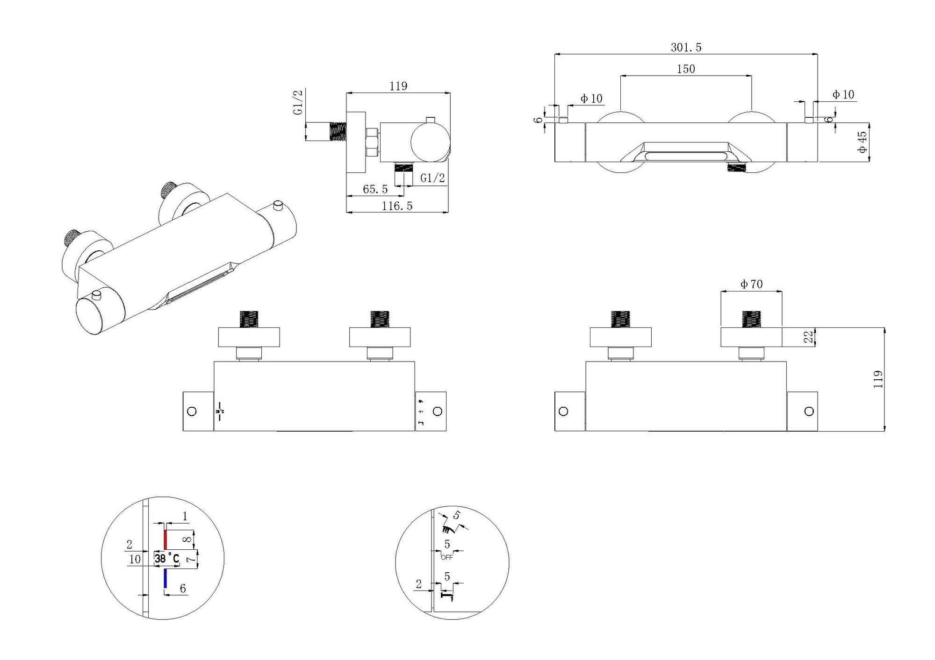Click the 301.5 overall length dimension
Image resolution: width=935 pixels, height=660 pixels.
pyautogui.click(x=686, y=47)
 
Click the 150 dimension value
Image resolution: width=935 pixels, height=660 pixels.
pyautogui.click(x=686, y=69)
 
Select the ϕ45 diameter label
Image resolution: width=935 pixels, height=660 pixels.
pyautogui.click(x=862, y=142)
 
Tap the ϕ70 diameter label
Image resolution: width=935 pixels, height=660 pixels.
pyautogui.click(x=751, y=284)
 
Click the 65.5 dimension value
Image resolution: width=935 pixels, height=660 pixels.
pyautogui.click(x=375, y=189)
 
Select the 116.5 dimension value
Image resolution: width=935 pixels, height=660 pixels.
pyautogui.click(x=397, y=206)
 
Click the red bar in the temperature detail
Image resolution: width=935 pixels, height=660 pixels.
pyautogui.click(x=165, y=539)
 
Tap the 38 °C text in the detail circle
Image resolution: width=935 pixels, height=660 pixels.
pyautogui.click(x=167, y=558)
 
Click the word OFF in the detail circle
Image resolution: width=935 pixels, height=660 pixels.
pyautogui.click(x=447, y=557)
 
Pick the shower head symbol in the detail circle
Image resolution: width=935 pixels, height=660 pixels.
pyautogui.click(x=449, y=529)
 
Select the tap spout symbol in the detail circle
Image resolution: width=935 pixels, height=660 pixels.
pyautogui.click(x=447, y=596)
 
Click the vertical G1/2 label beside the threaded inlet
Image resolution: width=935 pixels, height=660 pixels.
pyautogui.click(x=298, y=102)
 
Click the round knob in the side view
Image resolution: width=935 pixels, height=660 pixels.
pyautogui.click(x=430, y=142)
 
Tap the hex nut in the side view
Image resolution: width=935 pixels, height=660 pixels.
pyautogui.click(x=372, y=142)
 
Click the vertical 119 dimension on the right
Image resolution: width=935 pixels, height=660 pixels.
pyautogui.click(x=878, y=379)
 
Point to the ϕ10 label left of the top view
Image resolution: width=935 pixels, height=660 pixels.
pyautogui.click(x=591, y=99)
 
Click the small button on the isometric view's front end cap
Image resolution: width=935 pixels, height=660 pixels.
pyautogui.click(x=97, y=295)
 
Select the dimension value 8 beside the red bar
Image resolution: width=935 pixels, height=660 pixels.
pyautogui.click(x=187, y=539)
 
